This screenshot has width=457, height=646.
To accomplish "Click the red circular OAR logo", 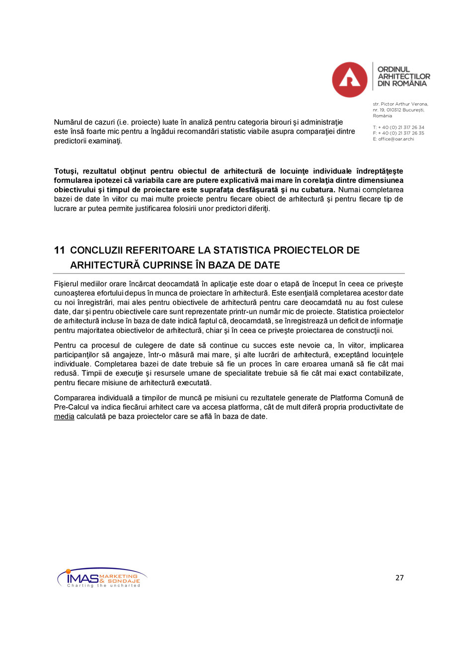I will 350,79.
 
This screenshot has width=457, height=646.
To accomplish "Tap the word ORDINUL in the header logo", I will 393,70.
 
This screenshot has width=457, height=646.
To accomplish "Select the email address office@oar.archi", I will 396,139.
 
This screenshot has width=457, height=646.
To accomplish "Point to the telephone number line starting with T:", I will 398,127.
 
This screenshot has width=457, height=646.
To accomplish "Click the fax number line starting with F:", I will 398,133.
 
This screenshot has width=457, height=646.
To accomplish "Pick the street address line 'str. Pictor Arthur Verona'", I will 400,104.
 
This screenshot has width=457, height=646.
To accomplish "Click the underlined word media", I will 64,417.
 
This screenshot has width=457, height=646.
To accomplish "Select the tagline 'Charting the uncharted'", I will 103,586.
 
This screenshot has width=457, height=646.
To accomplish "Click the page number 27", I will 399,578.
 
